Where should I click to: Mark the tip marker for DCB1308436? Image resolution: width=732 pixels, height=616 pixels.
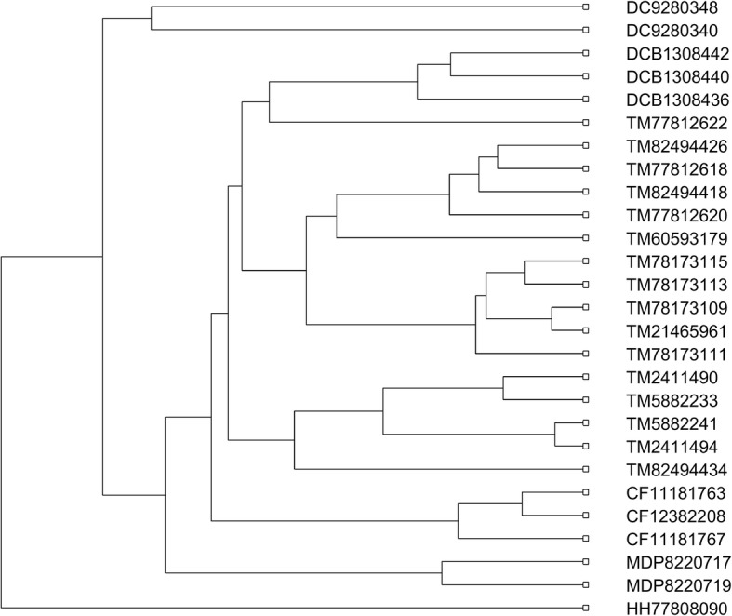tap(585, 100)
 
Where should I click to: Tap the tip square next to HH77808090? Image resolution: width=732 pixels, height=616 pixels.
tap(585, 608)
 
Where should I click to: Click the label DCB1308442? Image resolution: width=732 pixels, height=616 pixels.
tap(669, 54)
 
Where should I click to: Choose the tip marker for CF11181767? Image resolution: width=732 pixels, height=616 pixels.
tap(585, 538)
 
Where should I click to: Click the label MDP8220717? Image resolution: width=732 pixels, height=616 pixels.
tap(669, 561)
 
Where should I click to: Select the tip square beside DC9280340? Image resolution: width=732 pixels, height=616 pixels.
tap(585, 31)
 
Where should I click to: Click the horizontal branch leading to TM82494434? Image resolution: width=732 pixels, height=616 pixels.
tap(437, 469)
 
